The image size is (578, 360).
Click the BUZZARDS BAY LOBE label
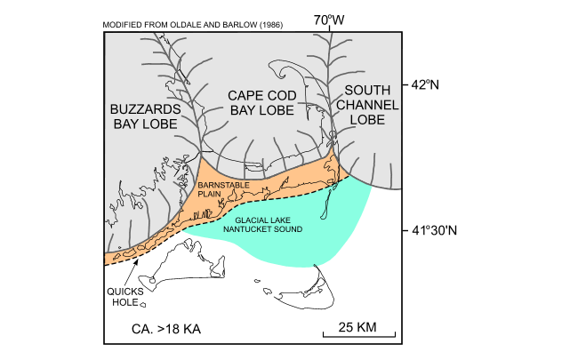pyautogui.click(x=147, y=116)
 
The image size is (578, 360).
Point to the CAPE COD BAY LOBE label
pyautogui.click(x=266, y=102)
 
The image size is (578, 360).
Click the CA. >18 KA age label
pyautogui.click(x=166, y=329)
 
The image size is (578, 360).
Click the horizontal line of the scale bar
pyautogui.click(x=358, y=338)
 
